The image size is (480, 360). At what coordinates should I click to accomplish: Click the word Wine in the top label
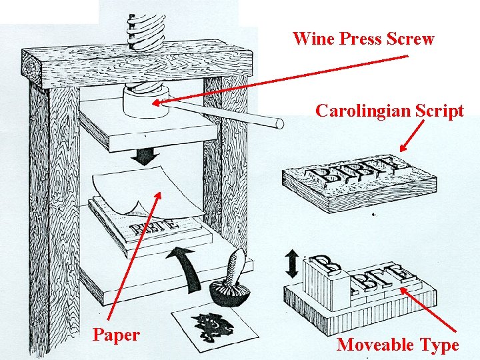(313, 39)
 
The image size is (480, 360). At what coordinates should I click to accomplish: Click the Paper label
(116, 335)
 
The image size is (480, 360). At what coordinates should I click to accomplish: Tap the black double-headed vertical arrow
(292, 265)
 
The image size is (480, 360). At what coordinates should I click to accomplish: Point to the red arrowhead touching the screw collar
(157, 103)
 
